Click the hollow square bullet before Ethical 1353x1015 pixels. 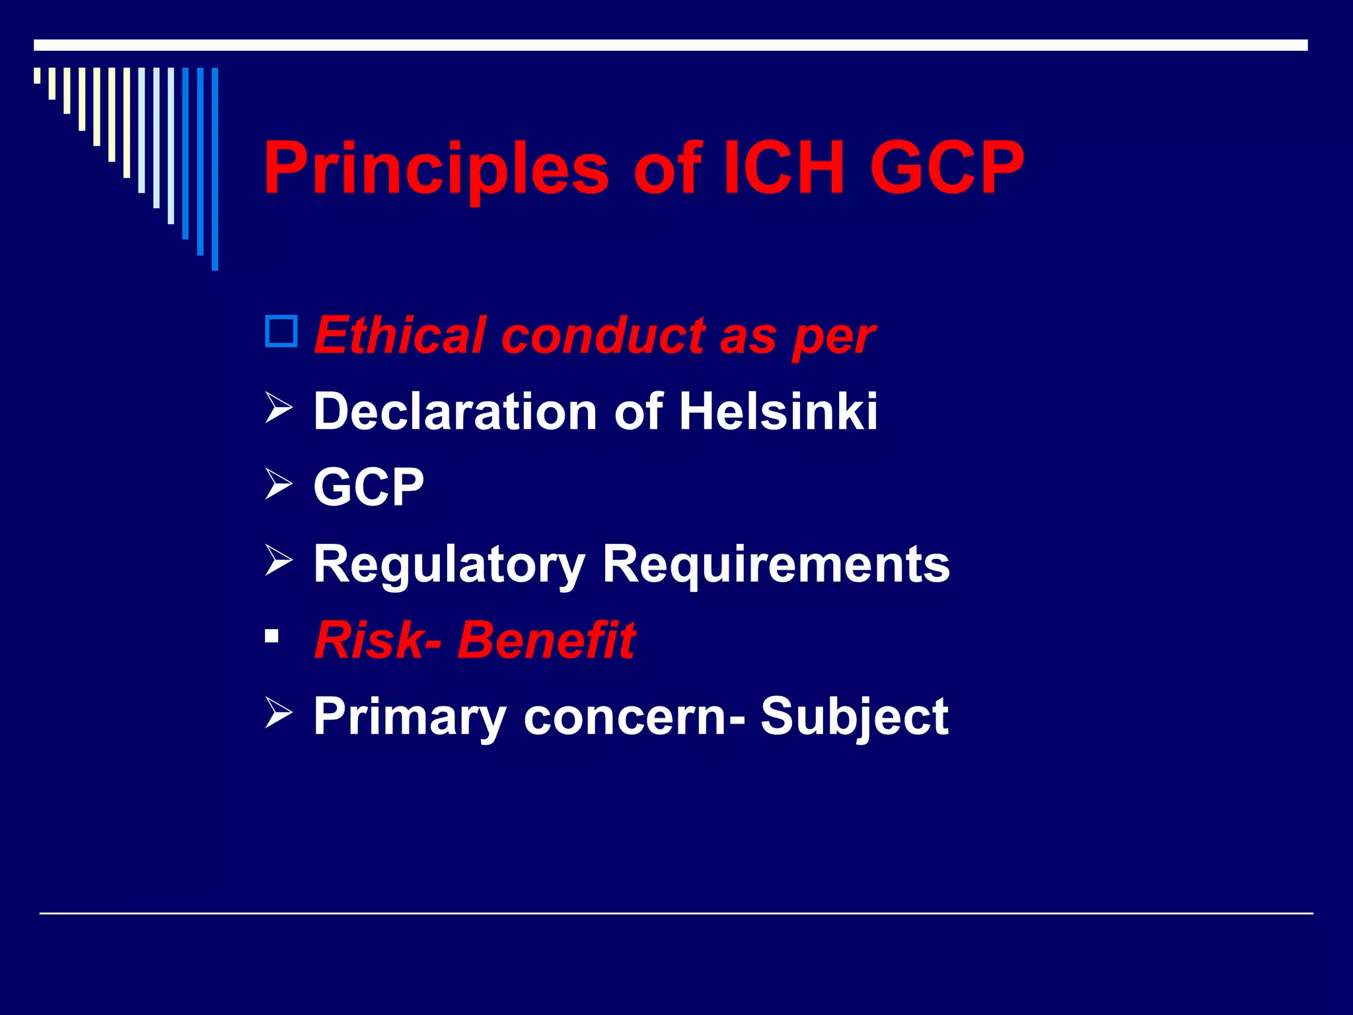pyautogui.click(x=281, y=332)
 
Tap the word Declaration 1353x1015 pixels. pyautogui.click(x=456, y=411)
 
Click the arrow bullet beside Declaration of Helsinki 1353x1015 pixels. pyautogui.click(x=278, y=407)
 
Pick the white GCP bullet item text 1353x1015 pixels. pyautogui.click(x=368, y=487)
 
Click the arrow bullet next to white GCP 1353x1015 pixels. pyautogui.click(x=278, y=483)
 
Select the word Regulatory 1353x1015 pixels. pyautogui.click(x=449, y=565)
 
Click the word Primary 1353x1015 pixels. pyautogui.click(x=409, y=717)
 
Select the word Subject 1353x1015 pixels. pyautogui.click(x=854, y=717)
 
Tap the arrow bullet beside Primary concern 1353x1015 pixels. pyautogui.click(x=278, y=713)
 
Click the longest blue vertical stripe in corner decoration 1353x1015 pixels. pyautogui.click(x=215, y=169)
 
